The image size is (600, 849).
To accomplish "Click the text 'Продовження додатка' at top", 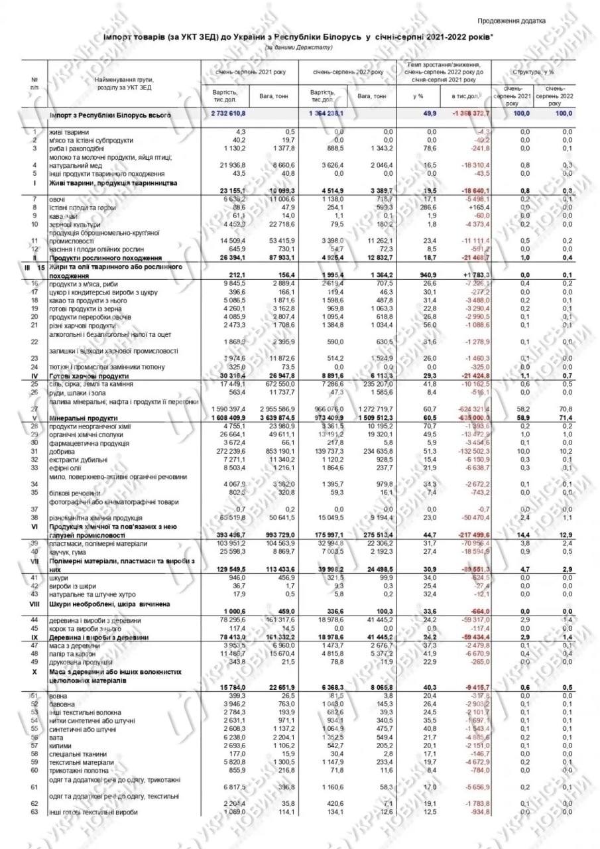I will click(511, 21).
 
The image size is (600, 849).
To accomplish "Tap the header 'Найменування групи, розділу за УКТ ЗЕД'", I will click(124, 83).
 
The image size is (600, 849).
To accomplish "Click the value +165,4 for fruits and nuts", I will click(477, 207).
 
